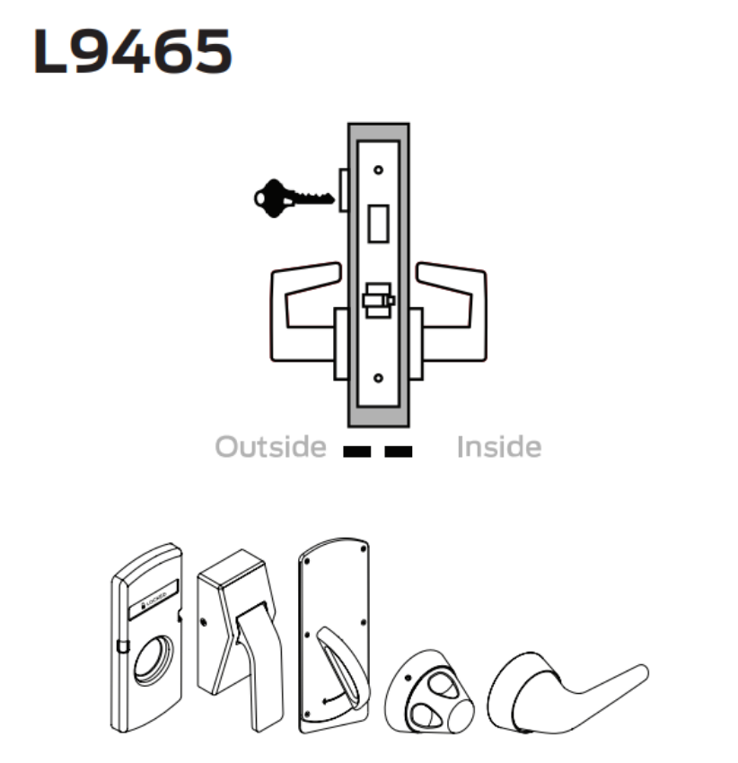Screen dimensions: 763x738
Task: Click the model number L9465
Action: tap(132, 52)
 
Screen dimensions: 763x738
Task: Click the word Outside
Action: tap(271, 446)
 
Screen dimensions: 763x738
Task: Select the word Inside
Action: tap(499, 446)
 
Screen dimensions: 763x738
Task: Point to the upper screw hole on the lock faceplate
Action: tap(378, 170)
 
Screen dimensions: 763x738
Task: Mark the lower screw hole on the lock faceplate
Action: tap(378, 379)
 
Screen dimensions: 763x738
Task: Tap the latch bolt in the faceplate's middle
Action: tap(377, 301)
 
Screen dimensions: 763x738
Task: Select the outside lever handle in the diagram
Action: tap(301, 310)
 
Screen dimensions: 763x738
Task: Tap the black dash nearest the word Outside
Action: tap(357, 452)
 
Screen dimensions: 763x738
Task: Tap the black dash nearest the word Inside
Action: tap(399, 452)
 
